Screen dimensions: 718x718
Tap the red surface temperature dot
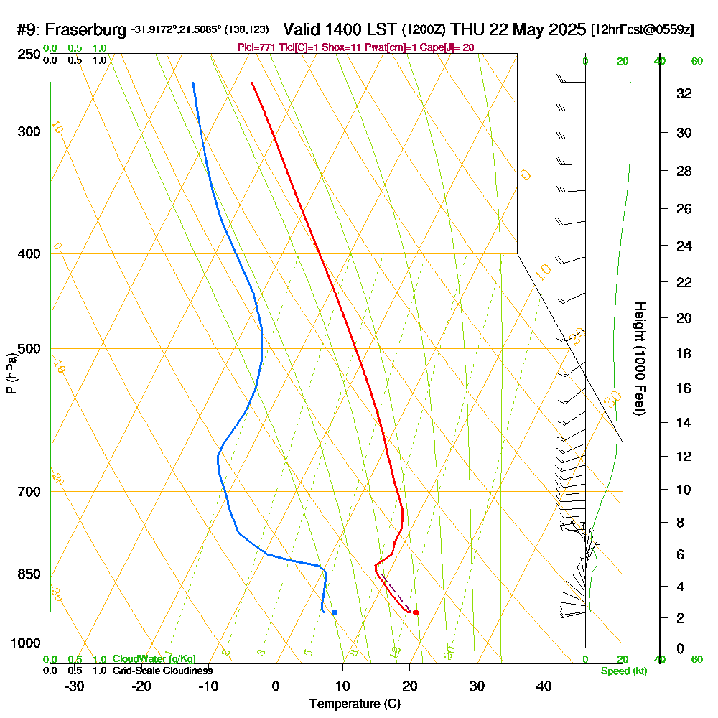(x=416, y=612)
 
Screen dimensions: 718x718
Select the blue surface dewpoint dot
(x=334, y=612)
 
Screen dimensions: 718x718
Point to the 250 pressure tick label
(x=27, y=55)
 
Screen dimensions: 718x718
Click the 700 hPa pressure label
(x=27, y=492)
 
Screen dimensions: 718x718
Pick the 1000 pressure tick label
(x=24, y=643)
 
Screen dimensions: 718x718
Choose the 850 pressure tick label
(x=27, y=574)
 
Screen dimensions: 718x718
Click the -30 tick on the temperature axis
(x=74, y=686)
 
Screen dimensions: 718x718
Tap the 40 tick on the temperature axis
(x=544, y=686)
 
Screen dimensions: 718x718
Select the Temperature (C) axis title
(x=355, y=704)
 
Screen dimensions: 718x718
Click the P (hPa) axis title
(x=11, y=373)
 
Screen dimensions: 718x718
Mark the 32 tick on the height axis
(x=684, y=93)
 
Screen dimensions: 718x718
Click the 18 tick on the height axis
(x=684, y=353)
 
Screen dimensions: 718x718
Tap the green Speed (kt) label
(x=624, y=671)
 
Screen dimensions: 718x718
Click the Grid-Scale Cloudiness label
(x=162, y=671)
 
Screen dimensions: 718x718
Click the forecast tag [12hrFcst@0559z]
(x=642, y=30)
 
